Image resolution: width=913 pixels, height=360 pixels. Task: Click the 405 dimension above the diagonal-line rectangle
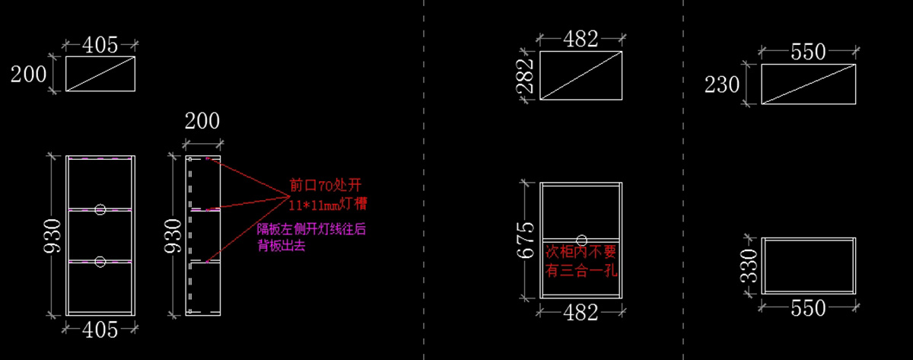[x=100, y=45]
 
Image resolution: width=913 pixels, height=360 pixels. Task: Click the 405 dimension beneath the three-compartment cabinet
[x=100, y=329]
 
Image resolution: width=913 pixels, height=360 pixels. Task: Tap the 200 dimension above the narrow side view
[x=202, y=121]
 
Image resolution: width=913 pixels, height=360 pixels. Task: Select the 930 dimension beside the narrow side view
[x=174, y=235]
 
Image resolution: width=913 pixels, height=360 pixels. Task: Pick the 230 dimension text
[x=722, y=84]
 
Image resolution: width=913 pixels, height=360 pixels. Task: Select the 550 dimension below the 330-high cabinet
[x=808, y=308]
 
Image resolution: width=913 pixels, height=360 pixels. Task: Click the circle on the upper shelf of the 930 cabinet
[x=100, y=209]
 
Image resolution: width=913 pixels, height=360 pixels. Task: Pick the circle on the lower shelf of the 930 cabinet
[x=100, y=262]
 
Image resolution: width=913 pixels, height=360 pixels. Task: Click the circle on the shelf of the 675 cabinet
[x=582, y=238]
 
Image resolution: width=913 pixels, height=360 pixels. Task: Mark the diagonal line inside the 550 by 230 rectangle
[x=809, y=84]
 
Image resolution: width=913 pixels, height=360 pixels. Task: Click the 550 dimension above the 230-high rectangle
[x=808, y=53]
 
